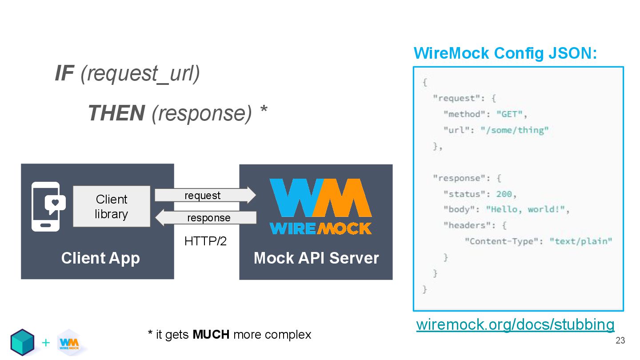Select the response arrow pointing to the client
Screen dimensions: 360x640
(x=205, y=218)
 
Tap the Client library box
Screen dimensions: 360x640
(x=112, y=207)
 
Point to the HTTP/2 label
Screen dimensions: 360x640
(x=205, y=241)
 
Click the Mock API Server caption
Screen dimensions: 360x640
(x=316, y=258)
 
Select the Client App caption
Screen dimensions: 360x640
(x=100, y=258)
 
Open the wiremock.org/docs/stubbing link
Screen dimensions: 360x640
(x=515, y=324)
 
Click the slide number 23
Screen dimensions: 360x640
(x=620, y=341)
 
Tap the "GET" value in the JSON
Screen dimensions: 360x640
(x=509, y=114)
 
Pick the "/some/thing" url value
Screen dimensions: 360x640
(x=515, y=130)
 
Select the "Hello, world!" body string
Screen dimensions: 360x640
(x=524, y=209)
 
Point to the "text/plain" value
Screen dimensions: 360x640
(x=581, y=241)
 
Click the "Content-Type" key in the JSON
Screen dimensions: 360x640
(x=502, y=241)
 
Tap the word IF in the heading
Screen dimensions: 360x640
(x=64, y=73)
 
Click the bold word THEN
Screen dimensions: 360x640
(x=116, y=113)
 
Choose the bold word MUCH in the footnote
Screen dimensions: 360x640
(x=211, y=335)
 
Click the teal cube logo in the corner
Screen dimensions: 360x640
(x=22, y=342)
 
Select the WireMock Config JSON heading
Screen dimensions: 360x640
(x=505, y=53)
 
